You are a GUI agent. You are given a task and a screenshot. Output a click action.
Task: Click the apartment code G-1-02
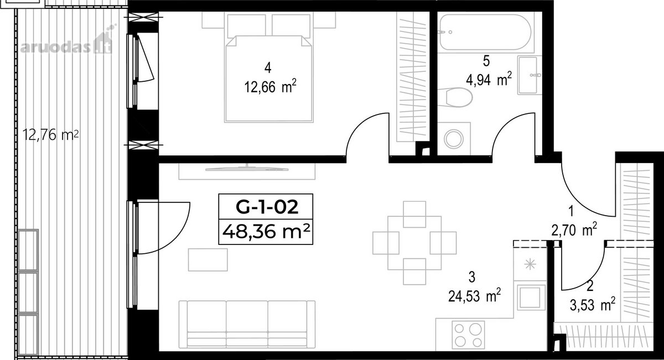coord(267,207)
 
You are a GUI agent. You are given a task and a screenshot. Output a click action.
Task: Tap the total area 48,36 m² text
coord(266,231)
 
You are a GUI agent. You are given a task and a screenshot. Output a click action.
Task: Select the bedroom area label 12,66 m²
coord(270,86)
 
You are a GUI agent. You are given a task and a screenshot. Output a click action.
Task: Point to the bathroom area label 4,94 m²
coord(489,79)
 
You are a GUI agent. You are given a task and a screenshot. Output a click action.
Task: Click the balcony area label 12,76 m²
coord(51,135)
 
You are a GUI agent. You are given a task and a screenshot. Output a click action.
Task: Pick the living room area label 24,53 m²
coord(474,295)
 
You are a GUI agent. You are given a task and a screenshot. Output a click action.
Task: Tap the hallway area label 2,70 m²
coord(574,230)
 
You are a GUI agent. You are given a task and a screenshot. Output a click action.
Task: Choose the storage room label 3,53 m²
coord(592,305)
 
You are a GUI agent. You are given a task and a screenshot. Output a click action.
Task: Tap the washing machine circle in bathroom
coord(454,139)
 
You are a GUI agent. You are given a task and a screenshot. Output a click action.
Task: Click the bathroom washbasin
coord(529,75)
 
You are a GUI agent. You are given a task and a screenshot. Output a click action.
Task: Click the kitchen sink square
coord(531,297)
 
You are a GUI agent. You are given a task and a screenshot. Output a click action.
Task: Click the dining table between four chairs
coord(414,243)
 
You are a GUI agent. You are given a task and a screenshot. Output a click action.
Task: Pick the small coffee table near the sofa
coord(208,260)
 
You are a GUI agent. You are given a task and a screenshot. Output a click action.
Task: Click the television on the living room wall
coord(247,169)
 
